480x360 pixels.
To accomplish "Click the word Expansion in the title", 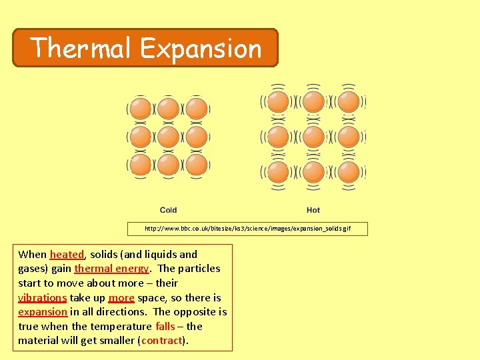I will click(x=201, y=48).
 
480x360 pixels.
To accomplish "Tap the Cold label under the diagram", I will click(x=169, y=210).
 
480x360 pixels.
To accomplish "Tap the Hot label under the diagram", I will click(x=313, y=210).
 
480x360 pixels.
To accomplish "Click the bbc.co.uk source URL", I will click(x=247, y=229).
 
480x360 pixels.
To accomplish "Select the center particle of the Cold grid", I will click(x=169, y=137).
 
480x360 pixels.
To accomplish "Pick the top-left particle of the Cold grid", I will click(x=141, y=109).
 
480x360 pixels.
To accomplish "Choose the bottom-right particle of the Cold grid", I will click(x=197, y=165).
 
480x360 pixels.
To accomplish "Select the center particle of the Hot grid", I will click(x=313, y=137).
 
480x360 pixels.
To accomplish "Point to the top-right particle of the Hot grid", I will click(x=349, y=101).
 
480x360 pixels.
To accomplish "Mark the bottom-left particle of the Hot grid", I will click(x=278, y=172).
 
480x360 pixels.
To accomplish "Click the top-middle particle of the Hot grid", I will click(x=313, y=101).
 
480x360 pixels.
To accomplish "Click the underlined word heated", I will click(x=67, y=254).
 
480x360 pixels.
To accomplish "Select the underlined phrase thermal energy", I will click(x=111, y=269).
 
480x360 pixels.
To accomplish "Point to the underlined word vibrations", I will click(x=42, y=297).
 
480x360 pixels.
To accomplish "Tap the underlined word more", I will click(x=121, y=297).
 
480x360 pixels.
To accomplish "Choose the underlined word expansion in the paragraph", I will click(x=43, y=312).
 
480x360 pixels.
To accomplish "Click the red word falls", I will click(x=165, y=326).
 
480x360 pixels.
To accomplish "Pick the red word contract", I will click(x=161, y=341).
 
